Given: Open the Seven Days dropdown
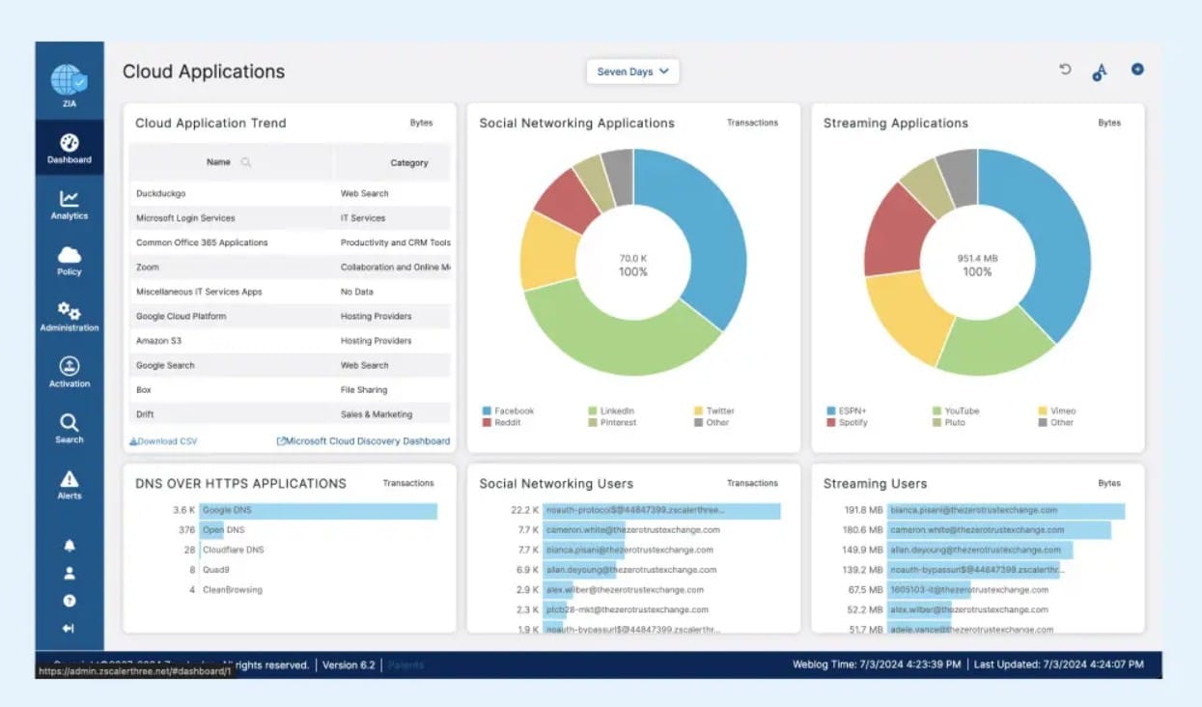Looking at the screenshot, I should coord(632,71).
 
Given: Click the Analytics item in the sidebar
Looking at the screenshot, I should coord(70,205).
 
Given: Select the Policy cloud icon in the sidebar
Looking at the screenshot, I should coord(70,260).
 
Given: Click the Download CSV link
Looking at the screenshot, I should coord(163,441).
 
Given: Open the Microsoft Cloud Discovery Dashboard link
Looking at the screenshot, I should coord(363,441).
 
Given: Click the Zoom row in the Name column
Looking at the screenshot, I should coord(148,268).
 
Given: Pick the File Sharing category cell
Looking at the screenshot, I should coord(364,390).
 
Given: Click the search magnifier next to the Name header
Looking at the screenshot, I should coord(246,162).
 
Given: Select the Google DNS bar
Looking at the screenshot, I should coord(319,510).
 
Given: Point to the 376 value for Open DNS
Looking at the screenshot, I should coord(186,530).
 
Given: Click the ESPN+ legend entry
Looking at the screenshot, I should coord(852,411).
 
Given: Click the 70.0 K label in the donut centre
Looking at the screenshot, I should coord(633,259).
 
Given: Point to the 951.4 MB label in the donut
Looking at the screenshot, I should coord(977,259).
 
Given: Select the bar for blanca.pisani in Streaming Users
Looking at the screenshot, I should coord(1006,510).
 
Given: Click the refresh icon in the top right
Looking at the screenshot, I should coord(1065,70).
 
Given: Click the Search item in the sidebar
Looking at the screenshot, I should coord(70,428).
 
